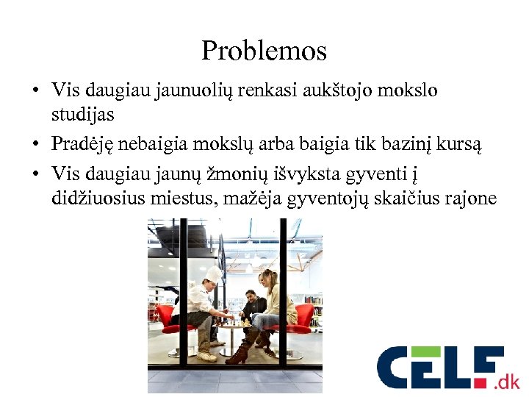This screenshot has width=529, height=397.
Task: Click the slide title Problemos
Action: (264, 51)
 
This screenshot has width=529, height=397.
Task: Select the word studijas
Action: (84, 115)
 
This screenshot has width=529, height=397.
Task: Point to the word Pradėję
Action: (84, 145)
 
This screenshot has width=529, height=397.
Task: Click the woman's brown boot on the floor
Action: (239, 356)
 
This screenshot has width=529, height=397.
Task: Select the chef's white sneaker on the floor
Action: (206, 357)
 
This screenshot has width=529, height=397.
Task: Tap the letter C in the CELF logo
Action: (397, 368)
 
